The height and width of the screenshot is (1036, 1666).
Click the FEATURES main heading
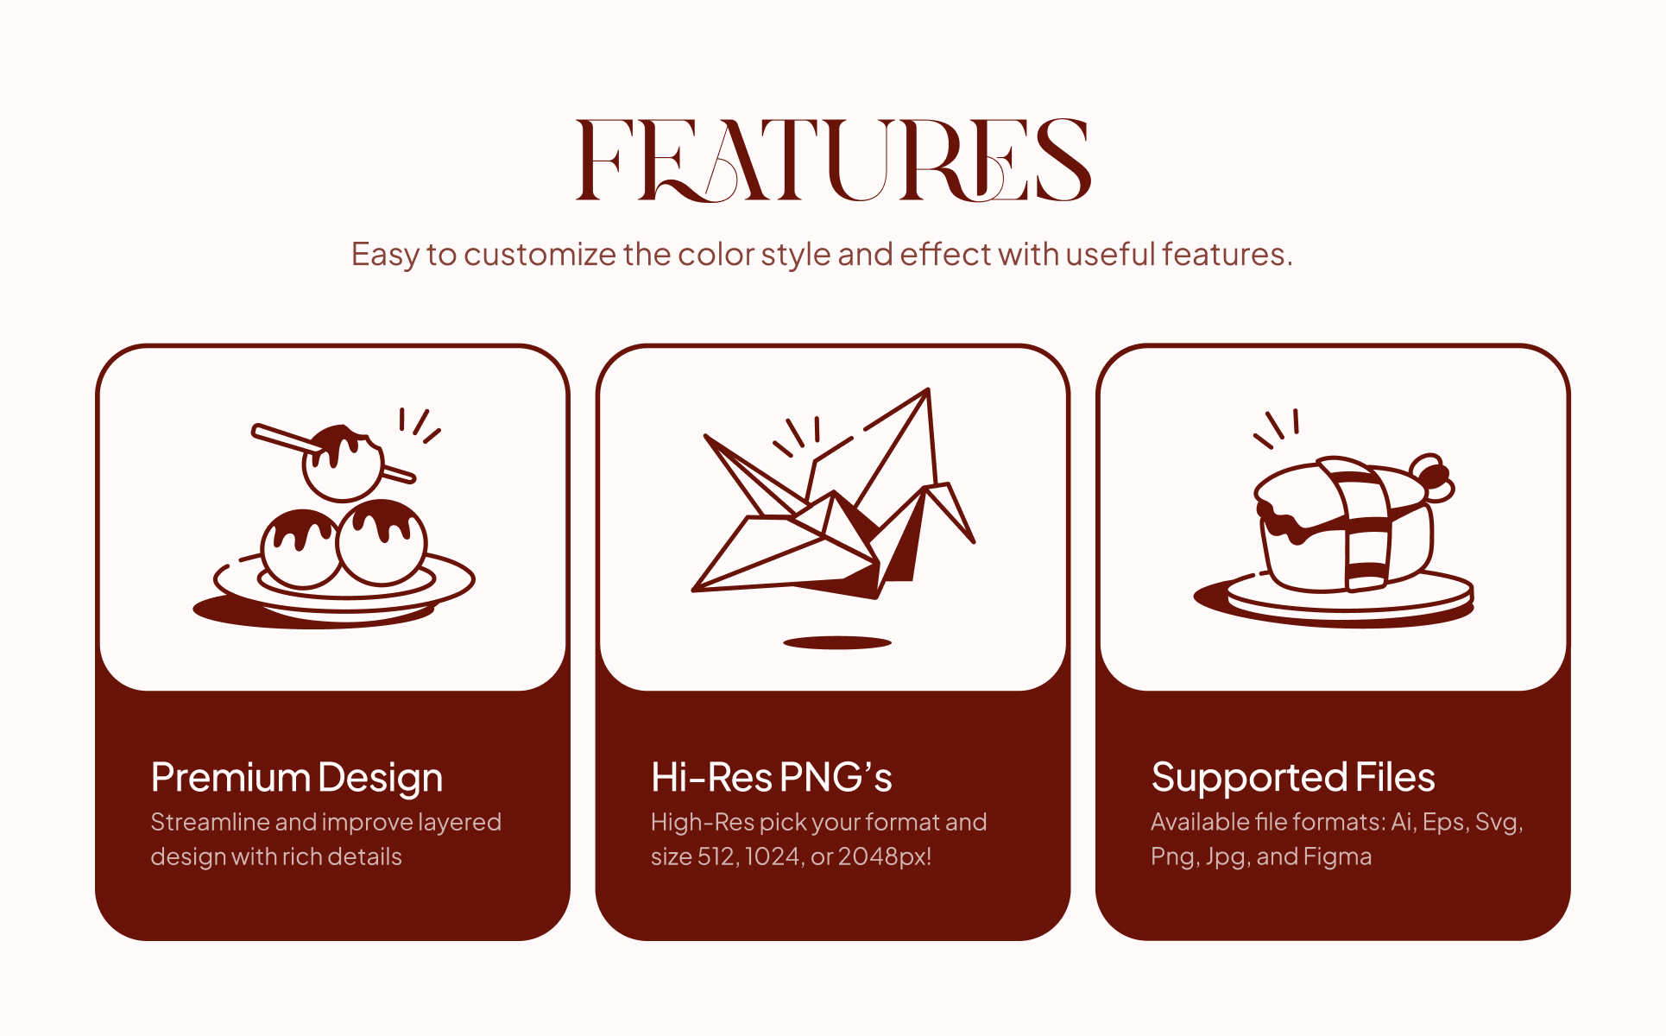click(x=833, y=161)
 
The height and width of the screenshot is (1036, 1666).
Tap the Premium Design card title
click(x=297, y=778)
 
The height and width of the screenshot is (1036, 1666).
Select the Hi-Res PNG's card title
click(x=772, y=777)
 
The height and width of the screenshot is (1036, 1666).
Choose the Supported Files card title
click(x=1293, y=778)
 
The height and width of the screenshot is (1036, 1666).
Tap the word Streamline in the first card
click(x=210, y=822)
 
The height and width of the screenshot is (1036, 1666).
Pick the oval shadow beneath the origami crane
click(x=836, y=642)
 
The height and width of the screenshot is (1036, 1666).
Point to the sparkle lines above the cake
click(x=1277, y=428)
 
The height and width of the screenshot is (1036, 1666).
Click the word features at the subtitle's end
click(x=1227, y=254)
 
